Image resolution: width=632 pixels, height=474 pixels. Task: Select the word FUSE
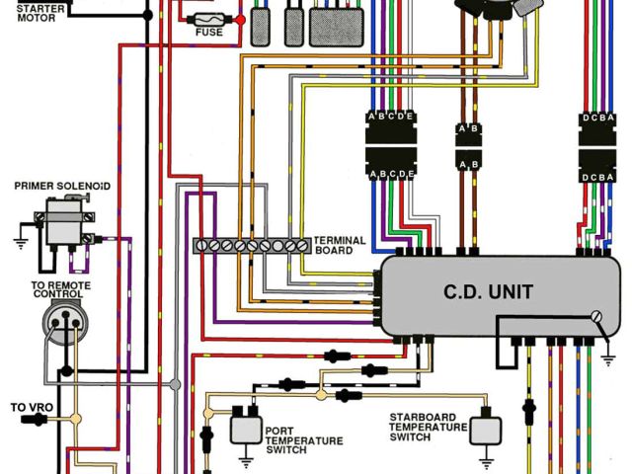(208, 33)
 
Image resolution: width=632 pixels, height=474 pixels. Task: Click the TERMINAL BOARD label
(339, 245)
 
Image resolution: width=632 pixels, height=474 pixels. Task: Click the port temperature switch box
(246, 428)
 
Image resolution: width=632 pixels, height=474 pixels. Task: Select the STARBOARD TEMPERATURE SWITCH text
(428, 427)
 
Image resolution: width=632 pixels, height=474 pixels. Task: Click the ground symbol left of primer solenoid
(20, 240)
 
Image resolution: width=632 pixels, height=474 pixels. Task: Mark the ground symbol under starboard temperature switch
(485, 459)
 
